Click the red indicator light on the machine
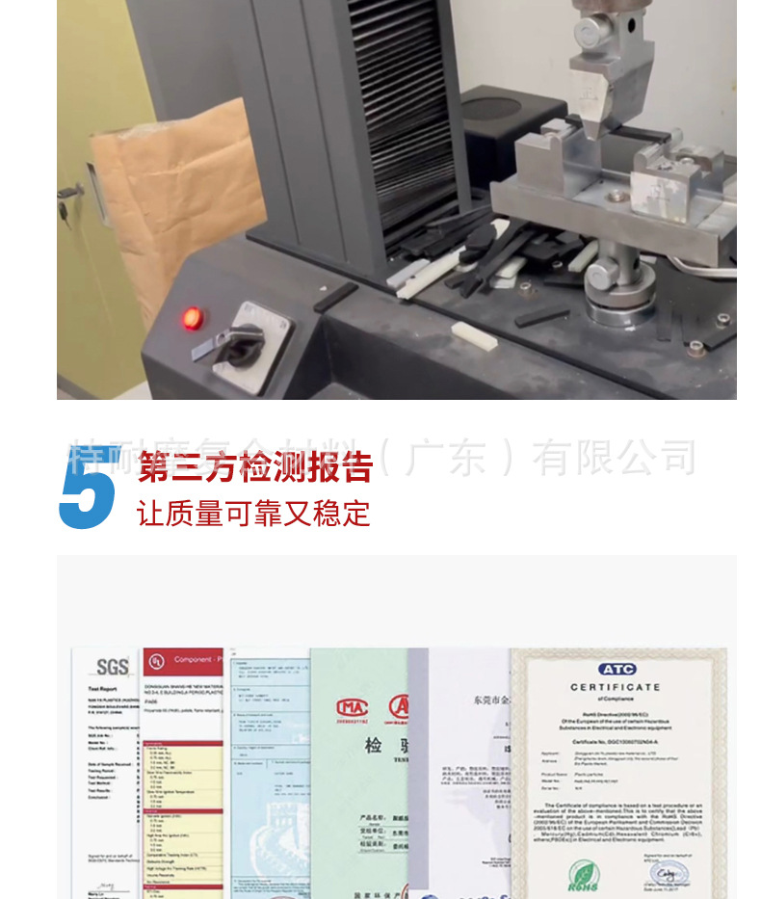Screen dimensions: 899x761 193,318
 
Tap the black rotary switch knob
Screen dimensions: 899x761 238,344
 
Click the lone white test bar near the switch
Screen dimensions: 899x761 474,334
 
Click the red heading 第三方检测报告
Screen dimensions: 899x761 255,467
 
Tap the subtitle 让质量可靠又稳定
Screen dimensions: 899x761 253,513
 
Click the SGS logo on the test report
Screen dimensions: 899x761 112,667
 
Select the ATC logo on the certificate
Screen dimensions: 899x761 617,669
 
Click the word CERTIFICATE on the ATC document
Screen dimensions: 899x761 616,687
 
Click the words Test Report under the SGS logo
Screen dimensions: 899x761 102,689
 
